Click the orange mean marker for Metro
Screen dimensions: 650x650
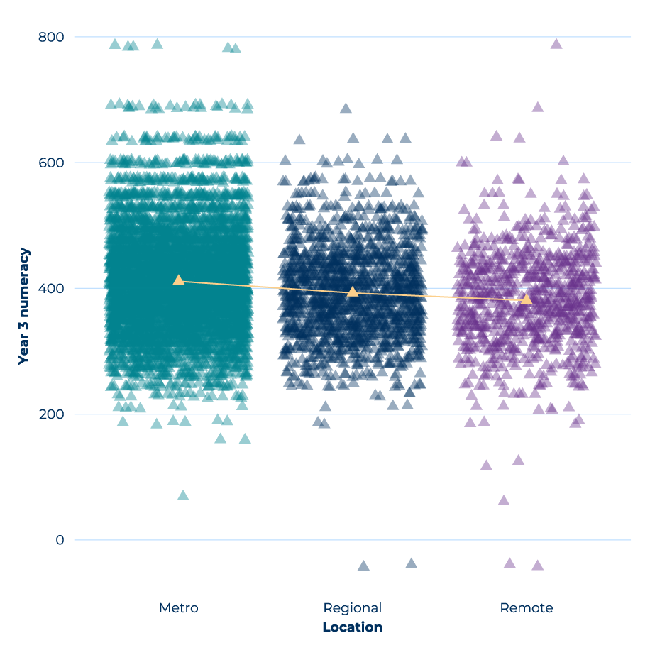pos(179,280)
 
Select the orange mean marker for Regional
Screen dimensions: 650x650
pos(353,292)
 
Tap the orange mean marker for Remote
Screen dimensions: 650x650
pos(527,299)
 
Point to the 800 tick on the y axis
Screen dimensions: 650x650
pos(50,37)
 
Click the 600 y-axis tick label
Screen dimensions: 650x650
pos(50,162)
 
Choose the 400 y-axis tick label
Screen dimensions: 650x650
pos(50,288)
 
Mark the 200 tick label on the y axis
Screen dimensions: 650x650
pos(50,414)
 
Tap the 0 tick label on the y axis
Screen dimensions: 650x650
pos(60,539)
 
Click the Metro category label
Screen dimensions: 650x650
pos(179,608)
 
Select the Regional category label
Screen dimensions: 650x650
pos(353,608)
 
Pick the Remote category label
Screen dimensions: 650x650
pos(527,608)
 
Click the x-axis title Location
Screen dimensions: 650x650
pos(353,627)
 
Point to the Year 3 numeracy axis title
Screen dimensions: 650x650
pos(24,307)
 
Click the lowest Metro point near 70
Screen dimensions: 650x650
pos(183,495)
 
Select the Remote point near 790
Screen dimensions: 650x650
pos(556,44)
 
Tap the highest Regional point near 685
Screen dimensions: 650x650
pos(346,109)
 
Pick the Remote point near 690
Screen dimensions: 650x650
pos(538,107)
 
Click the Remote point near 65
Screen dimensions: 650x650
pos(504,500)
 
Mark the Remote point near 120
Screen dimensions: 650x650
pos(486,466)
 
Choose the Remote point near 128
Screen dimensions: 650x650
pos(519,460)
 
